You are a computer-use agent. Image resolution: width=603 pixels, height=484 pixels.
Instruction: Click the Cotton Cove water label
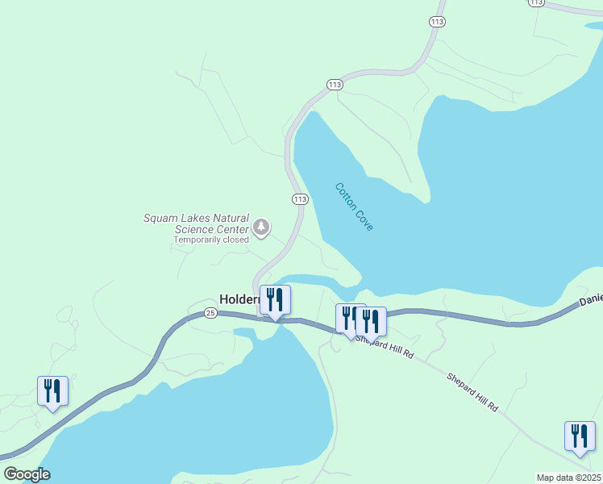pos(354,207)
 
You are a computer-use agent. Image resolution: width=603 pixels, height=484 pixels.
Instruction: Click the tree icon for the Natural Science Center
pos(261,227)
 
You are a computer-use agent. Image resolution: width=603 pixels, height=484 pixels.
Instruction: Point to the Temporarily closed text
pos(211,240)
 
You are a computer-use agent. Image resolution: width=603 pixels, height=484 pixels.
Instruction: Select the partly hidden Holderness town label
pos(239,298)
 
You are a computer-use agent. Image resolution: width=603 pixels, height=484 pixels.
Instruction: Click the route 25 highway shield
pos(210,313)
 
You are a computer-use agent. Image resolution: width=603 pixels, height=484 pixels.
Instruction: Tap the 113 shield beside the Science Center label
pos(300,199)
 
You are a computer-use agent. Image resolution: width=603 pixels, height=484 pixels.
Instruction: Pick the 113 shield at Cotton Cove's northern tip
pos(335,85)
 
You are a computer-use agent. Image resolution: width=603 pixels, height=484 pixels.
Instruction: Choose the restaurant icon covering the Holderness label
pos(275,300)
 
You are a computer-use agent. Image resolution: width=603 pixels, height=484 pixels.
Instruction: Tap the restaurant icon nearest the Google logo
pos(52,391)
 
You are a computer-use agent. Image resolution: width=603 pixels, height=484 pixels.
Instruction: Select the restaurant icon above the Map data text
pos(580,436)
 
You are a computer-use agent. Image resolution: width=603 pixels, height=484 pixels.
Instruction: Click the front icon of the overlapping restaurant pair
pos(371,322)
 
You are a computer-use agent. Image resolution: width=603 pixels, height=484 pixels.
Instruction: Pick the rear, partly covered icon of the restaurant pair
pos(347,318)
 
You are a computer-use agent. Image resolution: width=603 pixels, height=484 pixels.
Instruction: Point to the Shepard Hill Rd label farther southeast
pos(472,393)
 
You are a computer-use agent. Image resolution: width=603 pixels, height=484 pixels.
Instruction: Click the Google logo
pos(27,474)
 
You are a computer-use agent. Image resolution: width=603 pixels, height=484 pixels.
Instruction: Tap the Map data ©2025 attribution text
pos(569,478)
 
